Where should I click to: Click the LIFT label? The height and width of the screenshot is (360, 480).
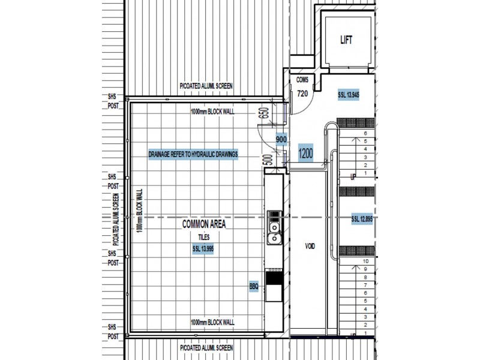click(x=346, y=40)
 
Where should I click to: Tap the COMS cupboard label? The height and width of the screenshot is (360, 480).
click(x=302, y=80)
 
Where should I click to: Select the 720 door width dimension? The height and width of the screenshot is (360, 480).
click(x=302, y=93)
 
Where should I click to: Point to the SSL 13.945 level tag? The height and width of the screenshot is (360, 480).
click(x=348, y=95)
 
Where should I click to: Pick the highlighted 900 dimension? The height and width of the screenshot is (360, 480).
click(x=281, y=139)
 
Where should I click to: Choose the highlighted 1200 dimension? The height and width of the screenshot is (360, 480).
click(x=305, y=154)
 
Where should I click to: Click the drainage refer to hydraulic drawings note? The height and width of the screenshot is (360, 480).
click(x=193, y=154)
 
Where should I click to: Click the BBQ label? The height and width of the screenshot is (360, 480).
click(x=254, y=287)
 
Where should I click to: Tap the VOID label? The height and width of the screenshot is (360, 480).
click(x=310, y=247)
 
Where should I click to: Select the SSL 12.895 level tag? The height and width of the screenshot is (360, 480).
click(x=362, y=220)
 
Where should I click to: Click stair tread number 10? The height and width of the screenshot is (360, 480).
click(x=365, y=261)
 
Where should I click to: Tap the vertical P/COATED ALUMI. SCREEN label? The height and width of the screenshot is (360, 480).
click(x=115, y=218)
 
